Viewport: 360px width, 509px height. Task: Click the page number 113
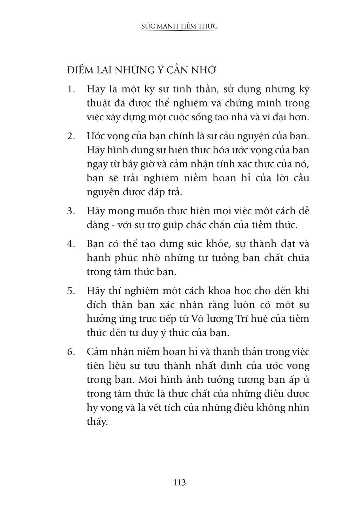pos(179,482)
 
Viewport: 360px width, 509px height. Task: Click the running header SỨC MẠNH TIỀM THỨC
pos(180,26)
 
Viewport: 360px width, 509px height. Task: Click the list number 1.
pos(71,89)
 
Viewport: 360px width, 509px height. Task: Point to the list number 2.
pos(71,136)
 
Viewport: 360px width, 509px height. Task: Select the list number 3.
pos(71,211)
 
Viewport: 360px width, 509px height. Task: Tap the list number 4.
pos(71,244)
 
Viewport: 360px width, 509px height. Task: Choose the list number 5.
pos(71,291)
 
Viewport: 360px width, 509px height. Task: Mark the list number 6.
pos(71,351)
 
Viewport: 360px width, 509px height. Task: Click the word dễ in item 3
pos(303,211)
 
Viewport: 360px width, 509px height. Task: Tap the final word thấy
pos(97,422)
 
